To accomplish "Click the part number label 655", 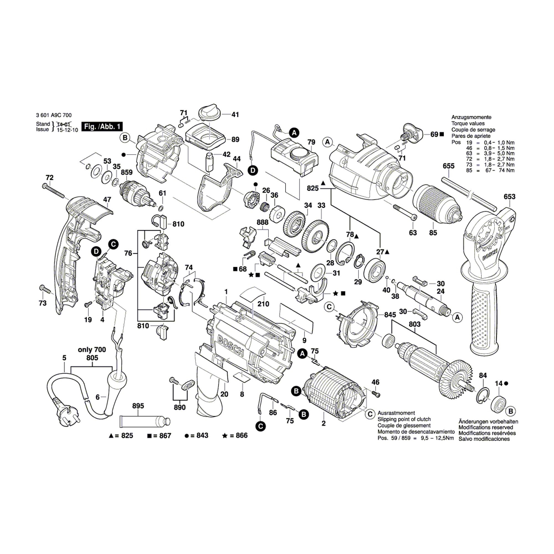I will click(448, 166).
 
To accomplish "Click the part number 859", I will click(127, 172).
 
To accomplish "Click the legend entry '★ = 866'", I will click(235, 435).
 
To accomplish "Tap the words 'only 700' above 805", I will click(92, 350).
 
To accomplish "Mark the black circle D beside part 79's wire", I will click(253, 171).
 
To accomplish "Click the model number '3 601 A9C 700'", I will click(54, 115).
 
